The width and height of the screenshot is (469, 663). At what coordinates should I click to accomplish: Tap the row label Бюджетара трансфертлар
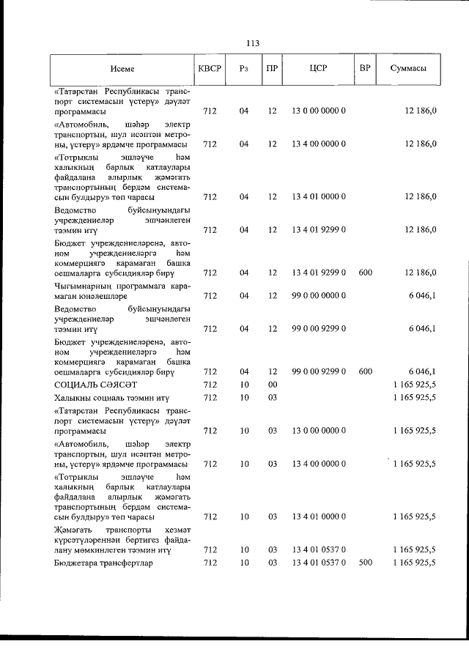pos(100,562)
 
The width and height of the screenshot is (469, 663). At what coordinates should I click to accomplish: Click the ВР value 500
pos(366,562)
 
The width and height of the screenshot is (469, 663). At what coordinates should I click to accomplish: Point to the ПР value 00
pos(273,384)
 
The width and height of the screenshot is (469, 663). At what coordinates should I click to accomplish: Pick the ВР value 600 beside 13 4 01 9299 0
pos(366,273)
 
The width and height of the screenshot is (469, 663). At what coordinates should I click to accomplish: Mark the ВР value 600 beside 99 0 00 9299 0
pos(366,371)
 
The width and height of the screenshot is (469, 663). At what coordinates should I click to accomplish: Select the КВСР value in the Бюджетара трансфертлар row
pos(210,562)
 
